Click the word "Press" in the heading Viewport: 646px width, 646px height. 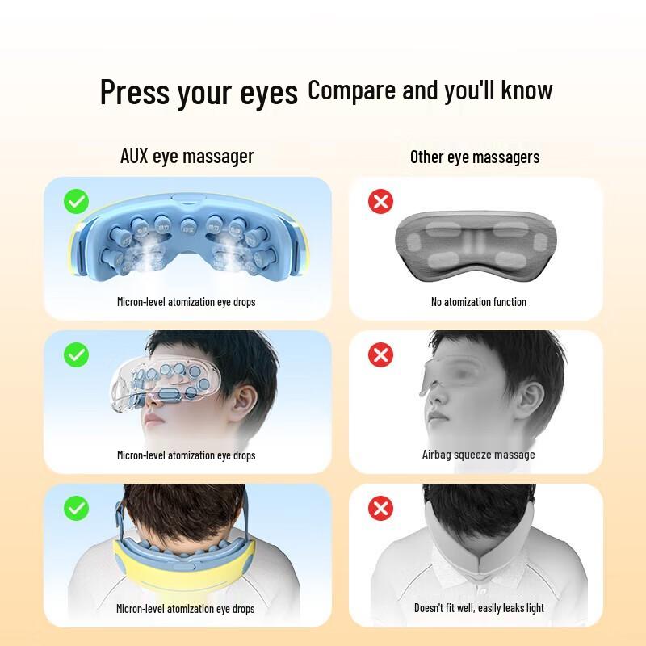pyautogui.click(x=134, y=93)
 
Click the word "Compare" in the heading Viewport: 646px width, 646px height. pyautogui.click(x=353, y=90)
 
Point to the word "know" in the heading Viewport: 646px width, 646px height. pyautogui.click(x=526, y=90)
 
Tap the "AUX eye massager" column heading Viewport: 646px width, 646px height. pyautogui.click(x=187, y=156)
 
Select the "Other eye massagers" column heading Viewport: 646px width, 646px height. pyautogui.click(x=475, y=157)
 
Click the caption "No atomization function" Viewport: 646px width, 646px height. pyautogui.click(x=479, y=302)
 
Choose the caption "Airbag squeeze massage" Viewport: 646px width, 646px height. pyautogui.click(x=478, y=455)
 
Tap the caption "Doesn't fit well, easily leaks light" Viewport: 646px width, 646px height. pyautogui.click(x=479, y=608)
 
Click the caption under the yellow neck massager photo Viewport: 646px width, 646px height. pyautogui.click(x=186, y=609)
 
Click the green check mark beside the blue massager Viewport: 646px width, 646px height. pyautogui.click(x=77, y=202)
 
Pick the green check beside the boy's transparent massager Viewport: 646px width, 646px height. pyautogui.click(x=77, y=354)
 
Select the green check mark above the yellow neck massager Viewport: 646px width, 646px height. pyautogui.click(x=77, y=508)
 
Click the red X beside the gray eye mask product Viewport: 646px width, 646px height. pyautogui.click(x=380, y=202)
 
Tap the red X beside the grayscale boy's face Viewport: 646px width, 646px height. pyautogui.click(x=380, y=354)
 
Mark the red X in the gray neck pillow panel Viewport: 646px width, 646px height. pyautogui.click(x=380, y=508)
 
